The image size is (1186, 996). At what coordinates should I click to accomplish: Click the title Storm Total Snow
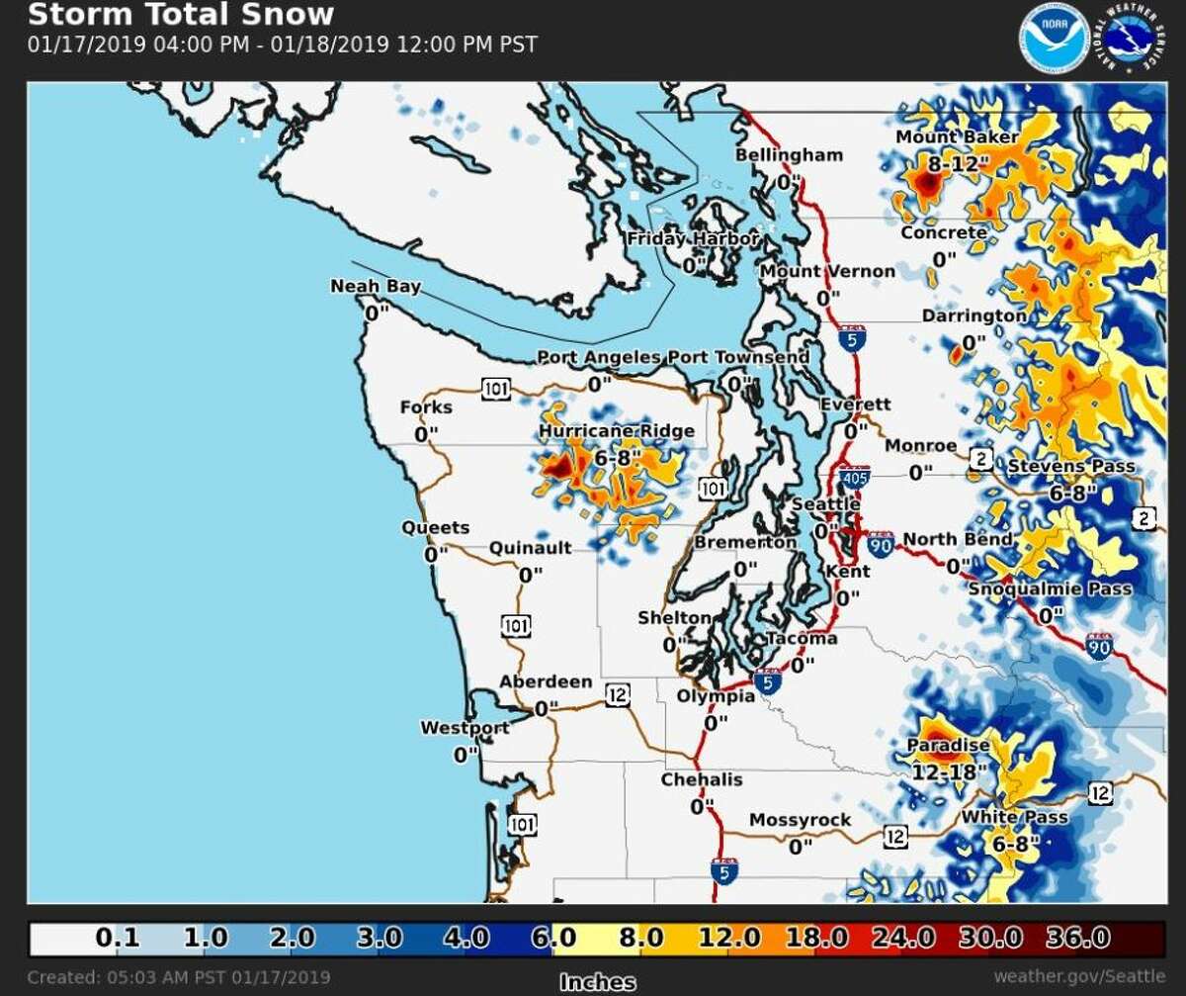coord(181,16)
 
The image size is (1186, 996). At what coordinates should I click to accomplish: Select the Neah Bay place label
coord(376,287)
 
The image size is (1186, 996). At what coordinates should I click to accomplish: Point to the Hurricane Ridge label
coord(617,432)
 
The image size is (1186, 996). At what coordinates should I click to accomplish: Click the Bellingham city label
coord(789,155)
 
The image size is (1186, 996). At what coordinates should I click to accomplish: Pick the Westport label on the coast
coord(465,728)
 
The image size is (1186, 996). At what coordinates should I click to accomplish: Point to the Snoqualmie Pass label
coord(1050,589)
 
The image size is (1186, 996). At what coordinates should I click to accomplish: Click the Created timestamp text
coord(179,977)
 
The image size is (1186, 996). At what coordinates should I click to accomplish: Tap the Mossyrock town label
coord(799,820)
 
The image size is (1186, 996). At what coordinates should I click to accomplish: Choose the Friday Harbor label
coord(693,239)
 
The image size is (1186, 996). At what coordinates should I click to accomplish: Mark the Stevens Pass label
coord(1070,467)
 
